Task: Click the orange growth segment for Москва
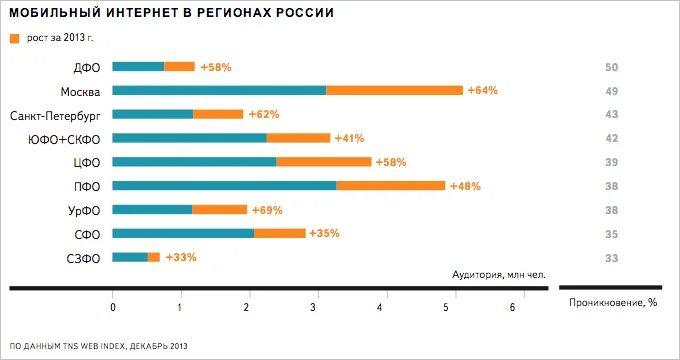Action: [x=394, y=90]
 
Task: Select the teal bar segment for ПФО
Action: [x=224, y=185]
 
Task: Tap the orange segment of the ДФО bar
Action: [x=179, y=67]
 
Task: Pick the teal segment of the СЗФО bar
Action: [x=130, y=257]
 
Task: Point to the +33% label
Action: [x=181, y=257]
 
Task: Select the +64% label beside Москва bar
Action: [x=482, y=90]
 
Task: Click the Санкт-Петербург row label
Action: [x=54, y=115]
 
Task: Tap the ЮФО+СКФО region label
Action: [x=64, y=139]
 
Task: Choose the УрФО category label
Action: [x=80, y=210]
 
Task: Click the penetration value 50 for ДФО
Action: [x=612, y=67]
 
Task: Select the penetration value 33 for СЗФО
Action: [x=612, y=258]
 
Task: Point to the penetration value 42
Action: [x=612, y=139]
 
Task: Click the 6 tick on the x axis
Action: [x=513, y=307]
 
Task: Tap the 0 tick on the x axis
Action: [x=113, y=307]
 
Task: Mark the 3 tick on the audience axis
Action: [x=313, y=307]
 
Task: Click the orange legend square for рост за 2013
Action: [x=14, y=38]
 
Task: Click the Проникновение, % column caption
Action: [x=612, y=301]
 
